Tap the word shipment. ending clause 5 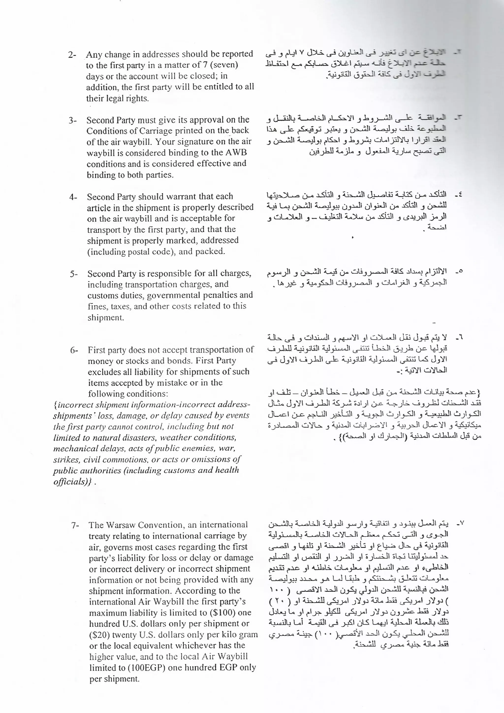tap(106, 317)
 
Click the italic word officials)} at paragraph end tap(72, 482)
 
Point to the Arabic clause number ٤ tap(458, 195)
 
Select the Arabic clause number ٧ tap(460, 524)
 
